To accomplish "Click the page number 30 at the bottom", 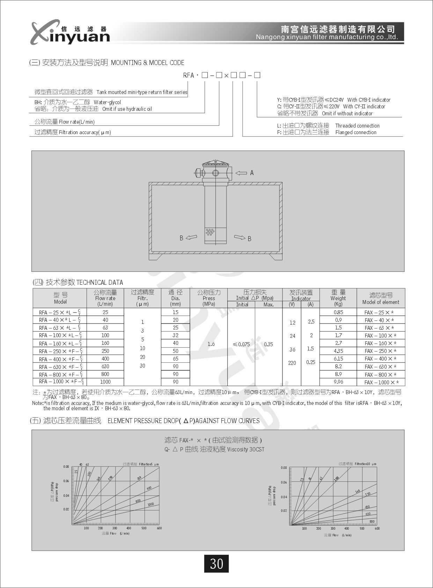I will (216, 564).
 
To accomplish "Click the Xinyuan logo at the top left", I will (70, 33).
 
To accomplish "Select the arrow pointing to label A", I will (241, 173).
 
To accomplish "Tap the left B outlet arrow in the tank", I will (191, 238).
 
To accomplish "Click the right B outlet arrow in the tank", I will (240, 238).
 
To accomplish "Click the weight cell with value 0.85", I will (338, 312).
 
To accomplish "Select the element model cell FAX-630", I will (380, 367).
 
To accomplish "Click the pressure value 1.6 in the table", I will (211, 344).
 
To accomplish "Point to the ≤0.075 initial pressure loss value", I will (241, 344).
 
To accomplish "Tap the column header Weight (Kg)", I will (338, 298).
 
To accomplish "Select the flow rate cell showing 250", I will (105, 351).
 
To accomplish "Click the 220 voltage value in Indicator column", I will (292, 363).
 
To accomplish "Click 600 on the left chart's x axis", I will (159, 528).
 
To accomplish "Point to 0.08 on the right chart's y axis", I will (284, 468).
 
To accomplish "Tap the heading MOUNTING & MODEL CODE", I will (147, 63).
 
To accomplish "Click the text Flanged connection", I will (356, 132).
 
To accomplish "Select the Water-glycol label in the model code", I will (107, 102).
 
